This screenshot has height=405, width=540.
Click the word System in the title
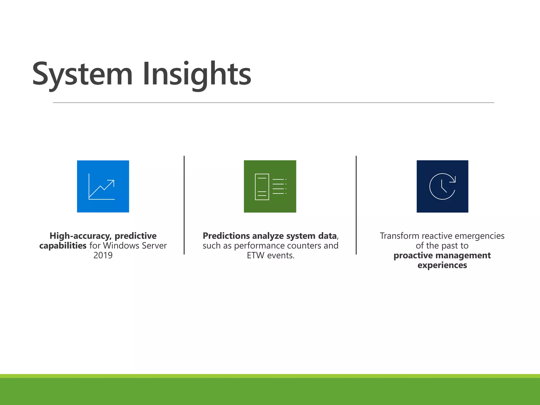[82, 74]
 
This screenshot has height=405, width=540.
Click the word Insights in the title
[197, 74]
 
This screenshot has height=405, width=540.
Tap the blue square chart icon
[103, 186]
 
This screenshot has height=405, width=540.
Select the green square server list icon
[270, 186]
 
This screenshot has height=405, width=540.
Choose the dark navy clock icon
[442, 186]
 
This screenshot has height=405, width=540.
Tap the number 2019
[103, 255]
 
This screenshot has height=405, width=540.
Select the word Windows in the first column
[122, 245]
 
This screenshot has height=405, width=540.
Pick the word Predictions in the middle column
[226, 236]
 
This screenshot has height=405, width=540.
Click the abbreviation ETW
[255, 255]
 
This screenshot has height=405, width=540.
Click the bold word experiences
[442, 265]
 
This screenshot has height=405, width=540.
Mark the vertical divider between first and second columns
[184, 205]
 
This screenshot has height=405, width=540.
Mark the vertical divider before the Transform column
[356, 205]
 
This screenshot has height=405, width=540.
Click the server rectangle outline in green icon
[262, 187]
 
